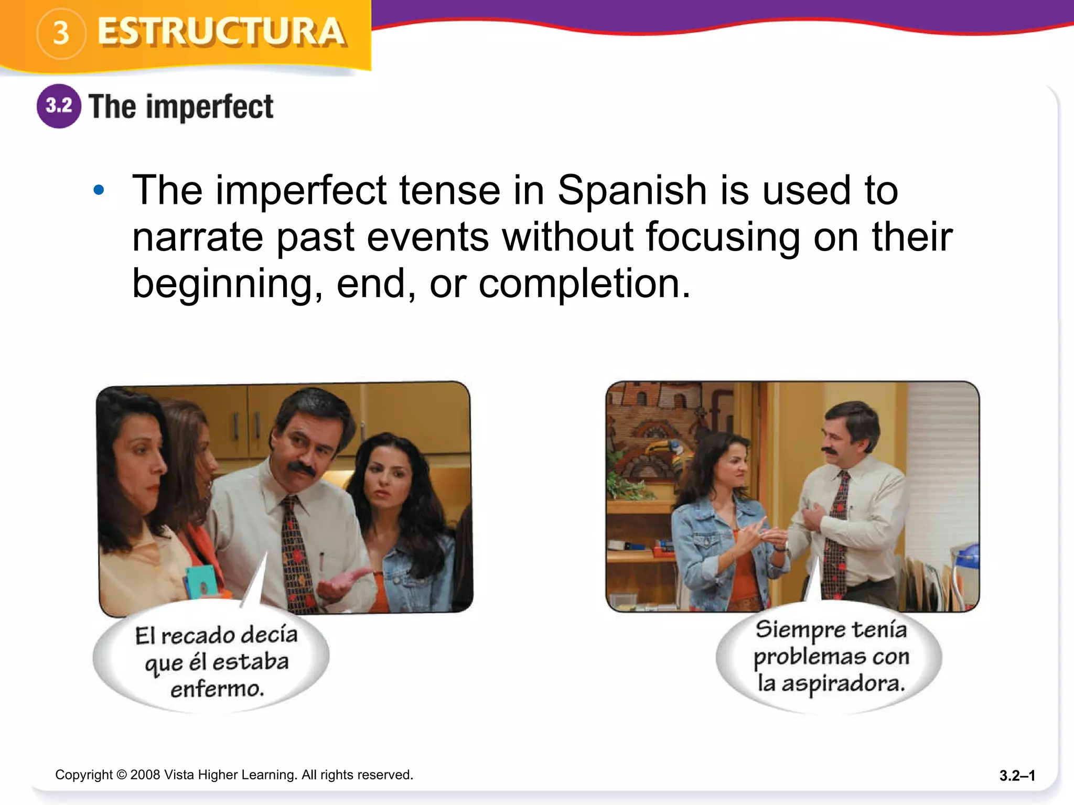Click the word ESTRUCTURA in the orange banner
pos(221,32)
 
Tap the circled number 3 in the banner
pos(61,33)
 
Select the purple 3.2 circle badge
pos(59,106)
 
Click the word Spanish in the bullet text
pos(632,190)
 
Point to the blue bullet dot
pos(99,190)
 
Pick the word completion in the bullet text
pos(584,284)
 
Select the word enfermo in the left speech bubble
pos(217,689)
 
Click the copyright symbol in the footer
pos(121,775)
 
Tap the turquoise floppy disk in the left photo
pos(201,581)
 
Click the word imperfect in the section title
pos(209,107)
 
